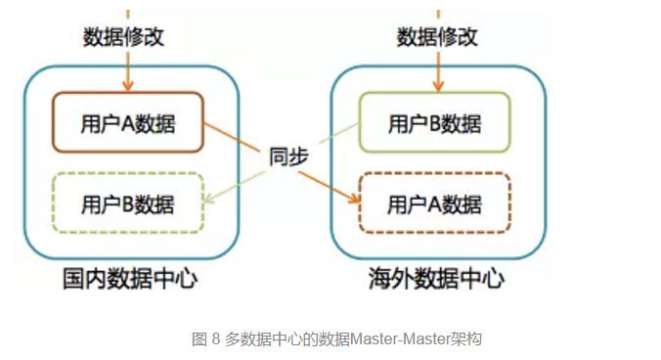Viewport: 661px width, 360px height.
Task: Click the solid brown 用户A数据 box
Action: [x=127, y=122]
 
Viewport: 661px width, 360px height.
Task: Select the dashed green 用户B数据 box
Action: [x=127, y=204]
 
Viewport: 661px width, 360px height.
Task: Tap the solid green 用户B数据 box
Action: [x=434, y=123]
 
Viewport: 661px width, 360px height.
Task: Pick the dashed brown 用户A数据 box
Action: [x=434, y=204]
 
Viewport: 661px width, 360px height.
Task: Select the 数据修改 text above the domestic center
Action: [x=123, y=38]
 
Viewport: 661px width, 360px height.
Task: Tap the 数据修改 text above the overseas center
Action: [x=437, y=38]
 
